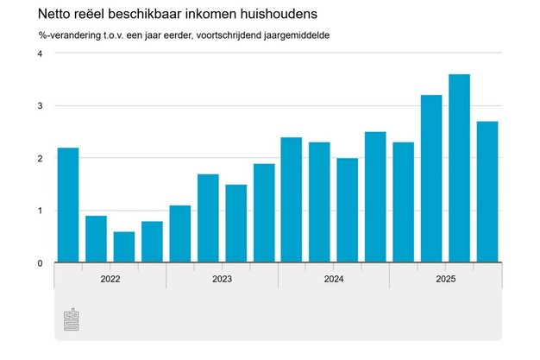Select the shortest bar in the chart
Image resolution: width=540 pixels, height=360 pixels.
pyautogui.click(x=123, y=247)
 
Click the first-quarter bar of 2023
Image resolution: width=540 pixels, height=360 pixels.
pyautogui.click(x=179, y=234)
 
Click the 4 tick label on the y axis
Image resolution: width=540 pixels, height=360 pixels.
pyautogui.click(x=40, y=54)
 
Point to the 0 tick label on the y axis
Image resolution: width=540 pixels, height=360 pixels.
pyautogui.click(x=40, y=262)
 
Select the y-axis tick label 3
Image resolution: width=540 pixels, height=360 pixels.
pyautogui.click(x=40, y=106)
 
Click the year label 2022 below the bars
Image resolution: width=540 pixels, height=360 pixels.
pyautogui.click(x=110, y=279)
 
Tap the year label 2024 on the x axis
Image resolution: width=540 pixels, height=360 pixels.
pyautogui.click(x=333, y=279)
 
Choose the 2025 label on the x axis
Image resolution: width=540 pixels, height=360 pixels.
pyautogui.click(x=445, y=279)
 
